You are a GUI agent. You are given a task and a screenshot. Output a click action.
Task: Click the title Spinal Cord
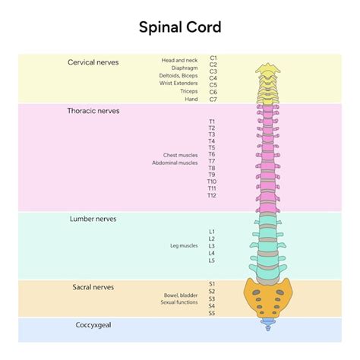180,27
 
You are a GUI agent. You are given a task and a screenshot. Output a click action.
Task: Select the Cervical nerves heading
93,62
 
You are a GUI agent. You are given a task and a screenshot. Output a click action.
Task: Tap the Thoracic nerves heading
93,111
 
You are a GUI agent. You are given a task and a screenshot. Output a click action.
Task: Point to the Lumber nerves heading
93,219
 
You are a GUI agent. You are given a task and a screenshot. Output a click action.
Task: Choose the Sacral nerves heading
93,287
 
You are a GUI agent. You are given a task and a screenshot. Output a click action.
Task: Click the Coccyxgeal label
93,325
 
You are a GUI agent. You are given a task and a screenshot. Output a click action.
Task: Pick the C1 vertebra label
213,58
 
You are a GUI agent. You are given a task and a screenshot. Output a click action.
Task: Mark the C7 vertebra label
213,99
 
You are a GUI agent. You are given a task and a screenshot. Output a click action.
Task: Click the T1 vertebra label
212,122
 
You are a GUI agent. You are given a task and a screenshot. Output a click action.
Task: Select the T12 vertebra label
212,196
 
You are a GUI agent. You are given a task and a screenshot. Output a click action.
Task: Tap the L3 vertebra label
212,246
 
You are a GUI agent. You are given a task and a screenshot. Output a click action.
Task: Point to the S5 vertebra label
212,313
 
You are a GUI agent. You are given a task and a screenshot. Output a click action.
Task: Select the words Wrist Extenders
178,84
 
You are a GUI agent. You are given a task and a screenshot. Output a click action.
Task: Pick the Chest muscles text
180,155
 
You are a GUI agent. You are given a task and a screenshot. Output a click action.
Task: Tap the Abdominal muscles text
175,163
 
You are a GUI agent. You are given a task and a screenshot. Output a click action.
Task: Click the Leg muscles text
184,246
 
